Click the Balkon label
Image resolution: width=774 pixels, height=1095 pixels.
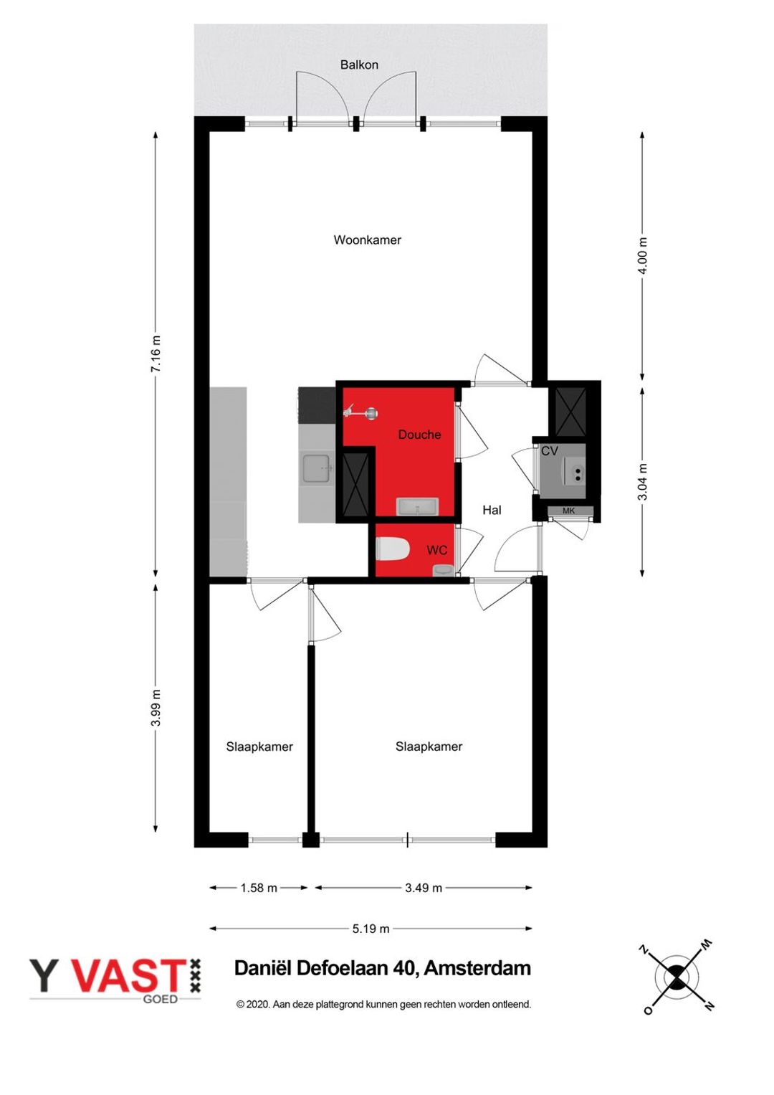point(359,65)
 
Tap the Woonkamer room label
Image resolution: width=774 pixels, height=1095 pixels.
point(368,240)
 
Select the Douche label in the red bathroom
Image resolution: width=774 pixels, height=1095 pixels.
point(419,435)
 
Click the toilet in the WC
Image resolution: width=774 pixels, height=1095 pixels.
point(392,549)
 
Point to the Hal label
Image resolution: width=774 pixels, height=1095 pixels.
point(492,511)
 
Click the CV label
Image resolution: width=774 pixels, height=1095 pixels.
point(550,451)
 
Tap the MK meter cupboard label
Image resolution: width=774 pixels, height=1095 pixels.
point(569,511)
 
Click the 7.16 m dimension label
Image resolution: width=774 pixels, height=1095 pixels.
point(156,354)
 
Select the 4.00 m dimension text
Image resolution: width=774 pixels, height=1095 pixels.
point(643,256)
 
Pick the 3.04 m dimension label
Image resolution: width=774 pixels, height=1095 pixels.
point(643,481)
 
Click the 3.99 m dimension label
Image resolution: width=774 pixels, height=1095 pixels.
point(156,708)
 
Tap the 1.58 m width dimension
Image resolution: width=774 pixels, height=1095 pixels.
point(259,888)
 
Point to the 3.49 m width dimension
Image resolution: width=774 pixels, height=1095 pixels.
point(424,888)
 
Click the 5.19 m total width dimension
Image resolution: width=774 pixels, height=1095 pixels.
point(371,929)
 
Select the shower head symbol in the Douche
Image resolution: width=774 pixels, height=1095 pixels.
point(362,413)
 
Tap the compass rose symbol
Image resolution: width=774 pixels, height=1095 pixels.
point(677,976)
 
